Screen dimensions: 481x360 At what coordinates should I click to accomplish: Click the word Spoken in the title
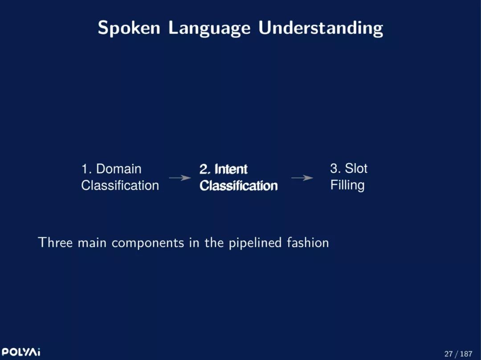click(129, 28)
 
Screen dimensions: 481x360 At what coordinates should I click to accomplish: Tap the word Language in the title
click(209, 28)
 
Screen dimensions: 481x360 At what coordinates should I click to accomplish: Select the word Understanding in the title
click(321, 28)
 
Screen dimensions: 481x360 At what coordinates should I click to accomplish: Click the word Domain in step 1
click(119, 169)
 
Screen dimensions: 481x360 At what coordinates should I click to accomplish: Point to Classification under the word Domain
click(120, 186)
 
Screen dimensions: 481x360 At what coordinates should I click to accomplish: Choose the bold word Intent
click(231, 169)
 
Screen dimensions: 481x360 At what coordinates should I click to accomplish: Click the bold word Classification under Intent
click(238, 186)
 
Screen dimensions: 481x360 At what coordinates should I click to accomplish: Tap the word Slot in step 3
click(356, 168)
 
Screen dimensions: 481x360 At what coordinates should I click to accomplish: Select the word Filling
click(347, 186)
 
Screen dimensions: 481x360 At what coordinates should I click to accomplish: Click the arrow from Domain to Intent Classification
click(180, 178)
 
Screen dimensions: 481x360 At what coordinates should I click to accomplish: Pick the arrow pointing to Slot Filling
click(302, 178)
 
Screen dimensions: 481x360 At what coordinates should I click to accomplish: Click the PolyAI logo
click(21, 352)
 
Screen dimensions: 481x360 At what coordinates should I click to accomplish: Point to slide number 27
click(448, 354)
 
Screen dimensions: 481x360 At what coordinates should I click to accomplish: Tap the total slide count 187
click(466, 354)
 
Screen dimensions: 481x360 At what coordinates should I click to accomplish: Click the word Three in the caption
click(56, 243)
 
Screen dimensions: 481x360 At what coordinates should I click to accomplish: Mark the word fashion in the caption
click(308, 243)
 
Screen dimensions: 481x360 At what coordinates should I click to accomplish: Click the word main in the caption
click(92, 243)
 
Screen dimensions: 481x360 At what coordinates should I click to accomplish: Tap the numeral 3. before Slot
click(334, 168)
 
